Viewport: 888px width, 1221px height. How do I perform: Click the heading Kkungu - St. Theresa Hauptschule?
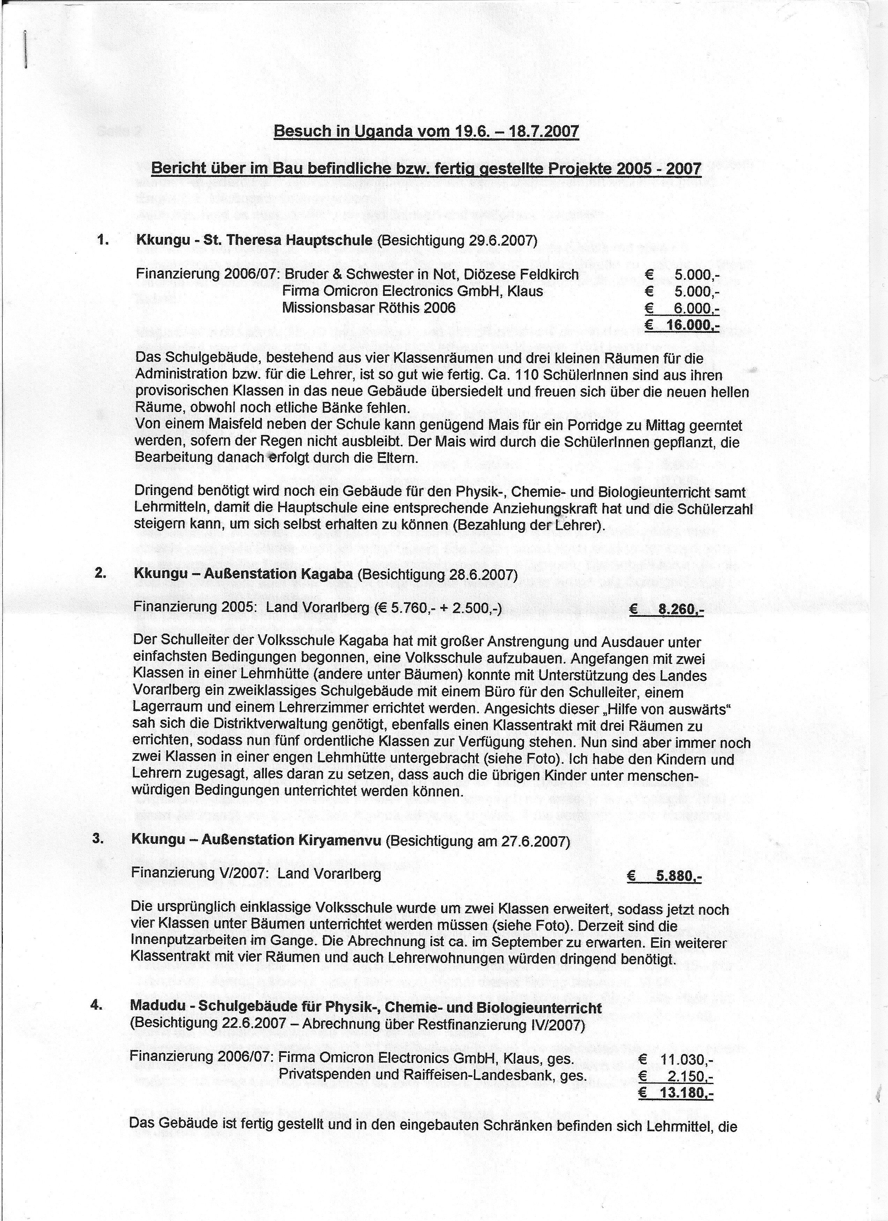click(254, 240)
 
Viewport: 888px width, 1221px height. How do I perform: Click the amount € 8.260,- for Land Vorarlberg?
click(667, 610)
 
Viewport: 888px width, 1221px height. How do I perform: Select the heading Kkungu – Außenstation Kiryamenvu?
click(256, 840)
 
